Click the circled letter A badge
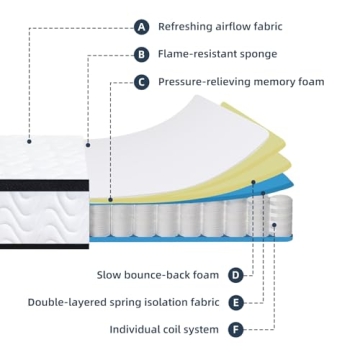[141, 26]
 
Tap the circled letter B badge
[141, 54]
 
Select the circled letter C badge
[141, 82]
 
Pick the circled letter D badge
[235, 274]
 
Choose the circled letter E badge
[235, 301]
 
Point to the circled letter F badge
[235, 328]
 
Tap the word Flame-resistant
[197, 54]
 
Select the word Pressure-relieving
[205, 82]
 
